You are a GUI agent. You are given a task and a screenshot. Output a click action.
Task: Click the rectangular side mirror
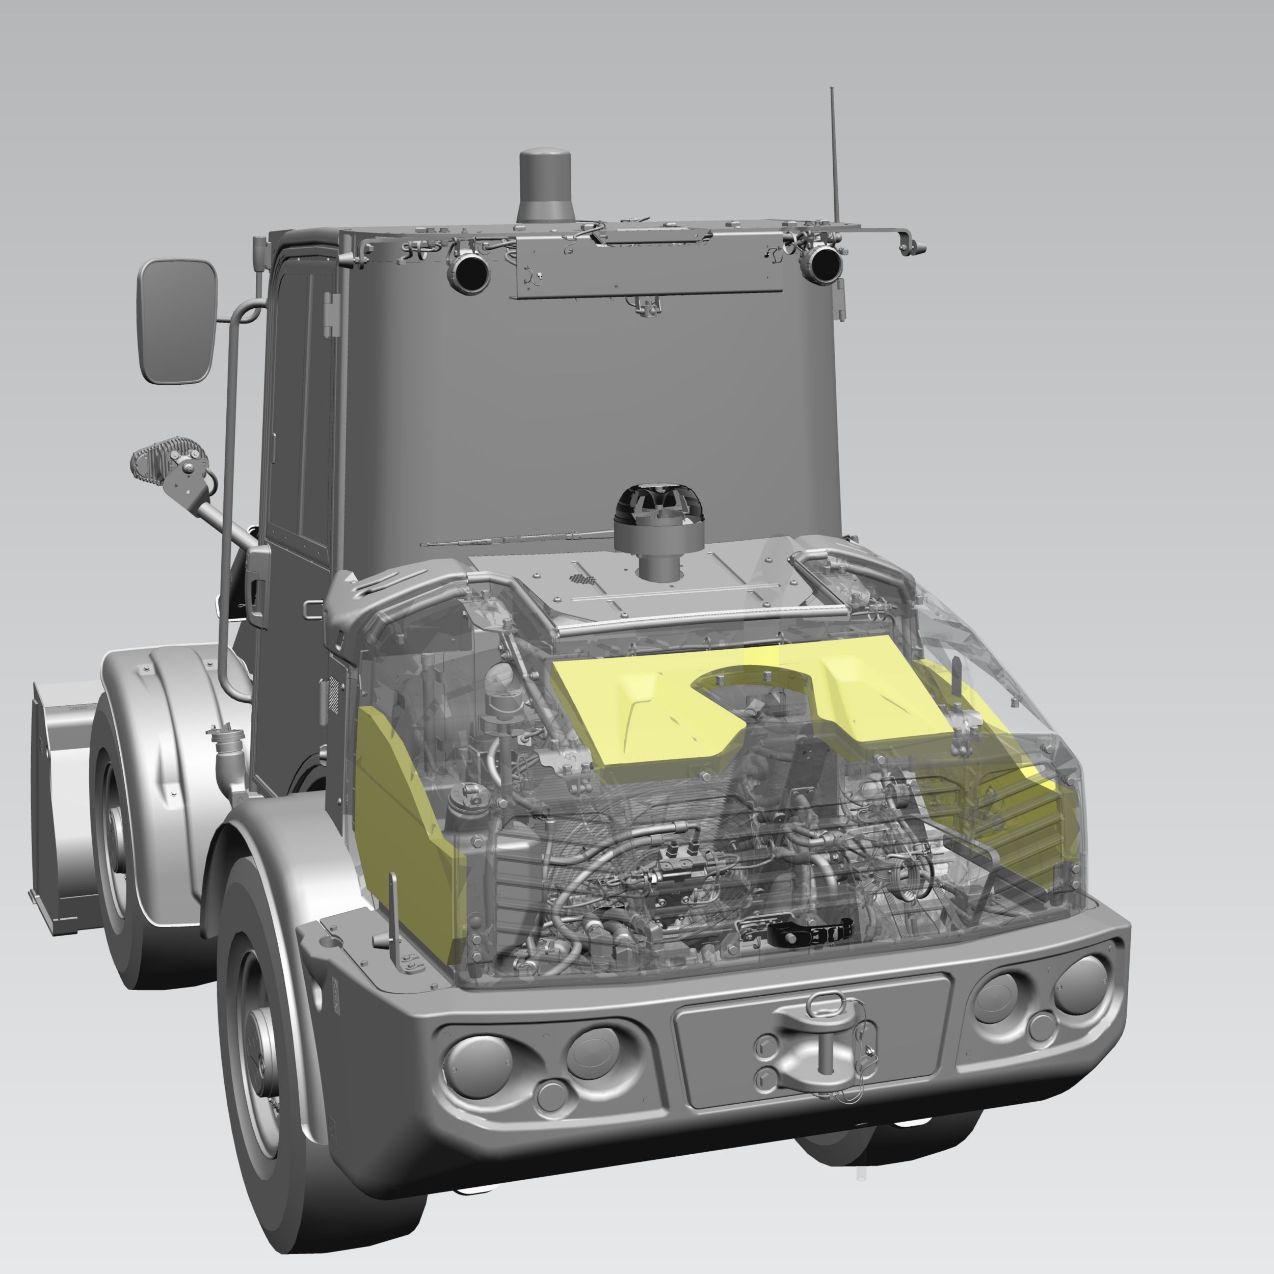click(x=177, y=321)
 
